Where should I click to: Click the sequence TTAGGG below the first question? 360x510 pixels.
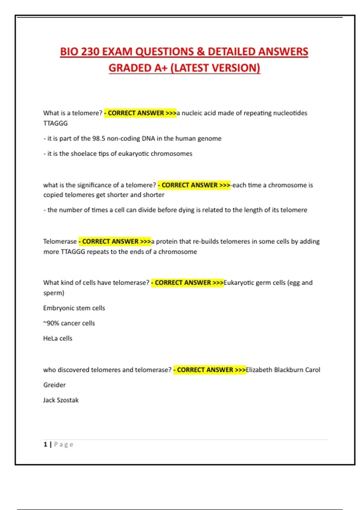[x=55, y=123]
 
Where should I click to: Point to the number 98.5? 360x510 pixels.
[x=99, y=139]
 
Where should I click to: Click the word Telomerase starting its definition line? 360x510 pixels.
[x=60, y=241]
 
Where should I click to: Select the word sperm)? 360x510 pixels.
[x=54, y=293]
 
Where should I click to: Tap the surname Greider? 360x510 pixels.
[x=54, y=385]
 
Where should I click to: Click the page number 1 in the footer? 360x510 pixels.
[x=45, y=444]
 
